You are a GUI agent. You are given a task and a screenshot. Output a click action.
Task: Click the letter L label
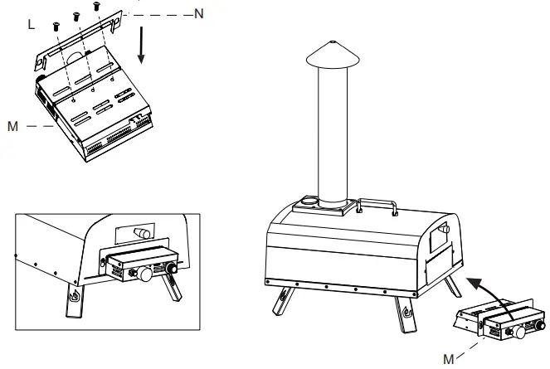[31, 25]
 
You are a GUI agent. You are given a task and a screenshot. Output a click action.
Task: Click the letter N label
[198, 13]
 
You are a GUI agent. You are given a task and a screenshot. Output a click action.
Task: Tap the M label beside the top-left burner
[12, 126]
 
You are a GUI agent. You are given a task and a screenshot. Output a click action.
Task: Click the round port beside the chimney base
[309, 201]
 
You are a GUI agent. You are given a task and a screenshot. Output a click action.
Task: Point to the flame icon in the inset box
[75, 297]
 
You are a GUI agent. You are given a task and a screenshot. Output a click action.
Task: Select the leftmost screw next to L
[55, 26]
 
